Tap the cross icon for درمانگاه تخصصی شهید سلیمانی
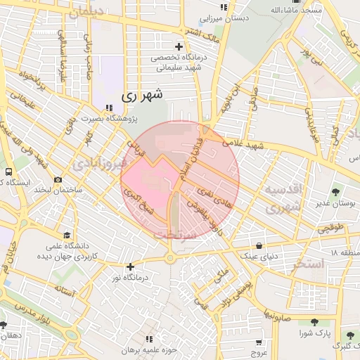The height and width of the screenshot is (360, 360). (x=179, y=46)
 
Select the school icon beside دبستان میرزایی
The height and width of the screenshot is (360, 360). (x=225, y=7)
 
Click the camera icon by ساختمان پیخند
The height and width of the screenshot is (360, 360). (x=58, y=180)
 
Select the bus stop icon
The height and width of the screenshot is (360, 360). (x=8, y=172)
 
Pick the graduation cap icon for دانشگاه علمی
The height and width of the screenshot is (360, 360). (x=66, y=235)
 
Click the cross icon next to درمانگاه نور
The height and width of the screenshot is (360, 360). (x=130, y=266)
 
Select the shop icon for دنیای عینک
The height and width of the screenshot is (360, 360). (x=260, y=245)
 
